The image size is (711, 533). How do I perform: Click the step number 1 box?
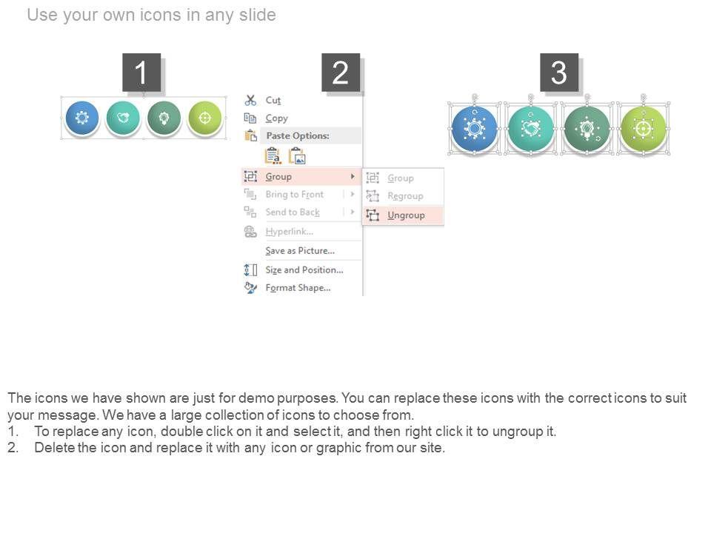click(x=141, y=73)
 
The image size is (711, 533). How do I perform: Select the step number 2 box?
click(x=341, y=73)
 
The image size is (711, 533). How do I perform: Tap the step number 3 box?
click(x=559, y=73)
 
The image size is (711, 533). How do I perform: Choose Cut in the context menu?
click(x=273, y=100)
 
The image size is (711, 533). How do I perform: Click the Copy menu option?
click(x=276, y=118)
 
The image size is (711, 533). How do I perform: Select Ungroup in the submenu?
click(x=406, y=215)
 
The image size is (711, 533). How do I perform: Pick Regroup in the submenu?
click(x=405, y=195)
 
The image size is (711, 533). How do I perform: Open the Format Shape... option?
click(x=298, y=288)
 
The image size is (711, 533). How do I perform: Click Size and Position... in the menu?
click(x=304, y=269)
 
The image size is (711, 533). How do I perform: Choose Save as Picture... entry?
click(x=300, y=251)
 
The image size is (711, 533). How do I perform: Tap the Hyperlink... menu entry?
click(x=290, y=232)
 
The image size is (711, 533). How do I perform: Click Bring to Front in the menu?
click(x=294, y=195)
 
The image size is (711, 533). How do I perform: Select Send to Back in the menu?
click(x=293, y=212)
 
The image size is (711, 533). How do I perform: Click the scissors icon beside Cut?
click(x=250, y=100)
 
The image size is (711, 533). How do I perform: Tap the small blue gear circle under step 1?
click(x=82, y=118)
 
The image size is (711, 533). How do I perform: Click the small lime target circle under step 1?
click(x=205, y=118)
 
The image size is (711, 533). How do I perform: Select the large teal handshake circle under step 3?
click(x=531, y=129)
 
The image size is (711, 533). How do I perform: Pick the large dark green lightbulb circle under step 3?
click(x=587, y=129)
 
